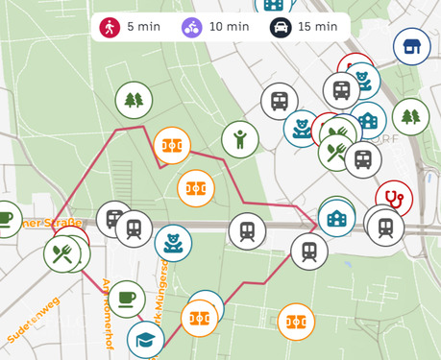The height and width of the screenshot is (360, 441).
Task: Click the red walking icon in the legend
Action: [x=111, y=27]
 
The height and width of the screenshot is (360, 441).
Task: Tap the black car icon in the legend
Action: [x=281, y=27]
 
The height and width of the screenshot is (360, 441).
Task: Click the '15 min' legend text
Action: [x=317, y=27]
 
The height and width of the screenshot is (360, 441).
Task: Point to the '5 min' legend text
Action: [x=143, y=27]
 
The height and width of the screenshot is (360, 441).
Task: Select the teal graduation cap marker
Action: [x=145, y=341]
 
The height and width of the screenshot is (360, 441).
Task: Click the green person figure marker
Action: [x=240, y=139]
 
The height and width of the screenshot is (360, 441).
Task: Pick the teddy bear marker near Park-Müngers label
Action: [x=173, y=243]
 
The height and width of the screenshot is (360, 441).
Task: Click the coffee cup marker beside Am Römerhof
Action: [x=126, y=300]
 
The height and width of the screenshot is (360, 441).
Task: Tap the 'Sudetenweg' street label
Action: [x=31, y=321]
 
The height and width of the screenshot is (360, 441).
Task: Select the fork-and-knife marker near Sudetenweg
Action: [x=62, y=253]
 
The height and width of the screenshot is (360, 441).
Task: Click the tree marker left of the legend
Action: [x=134, y=99]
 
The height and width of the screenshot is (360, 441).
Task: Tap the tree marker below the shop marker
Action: [x=410, y=116]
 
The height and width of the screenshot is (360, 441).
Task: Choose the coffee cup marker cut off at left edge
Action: [x=6, y=218]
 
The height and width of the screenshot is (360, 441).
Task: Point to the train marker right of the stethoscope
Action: [x=385, y=227]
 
